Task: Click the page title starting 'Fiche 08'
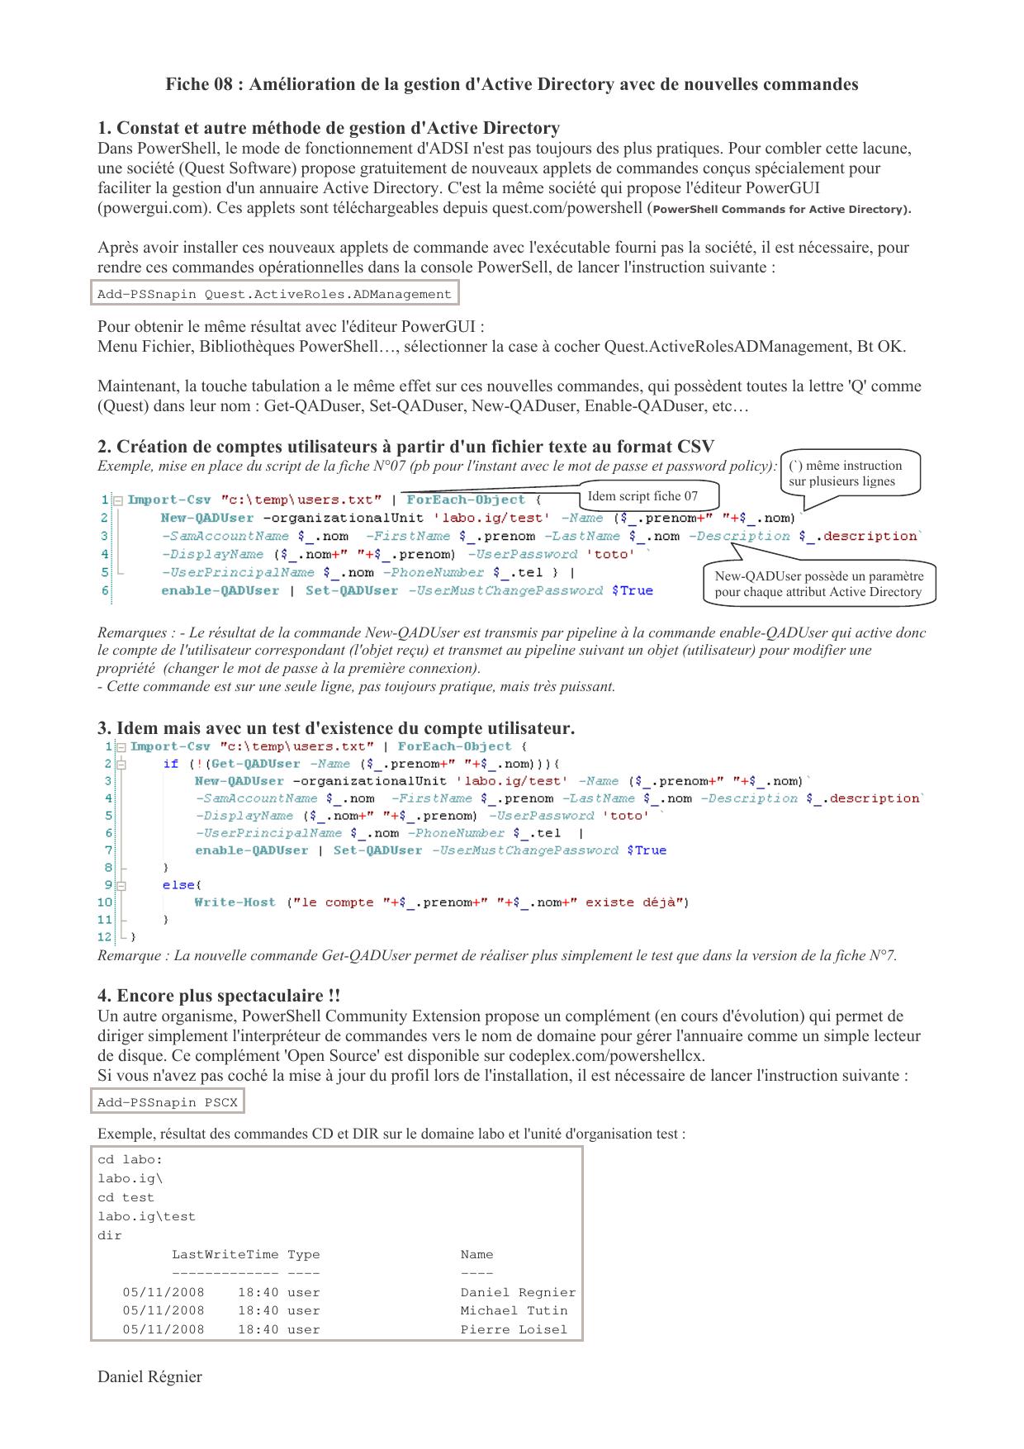511,84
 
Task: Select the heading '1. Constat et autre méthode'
329,128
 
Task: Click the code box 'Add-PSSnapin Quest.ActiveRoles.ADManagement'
274,294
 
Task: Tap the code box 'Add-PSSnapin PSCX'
168,1102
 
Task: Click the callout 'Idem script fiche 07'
642,496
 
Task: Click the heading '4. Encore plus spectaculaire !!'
219,996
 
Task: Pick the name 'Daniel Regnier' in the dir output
518,1292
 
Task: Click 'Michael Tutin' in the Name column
514,1310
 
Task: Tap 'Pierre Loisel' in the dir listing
514,1329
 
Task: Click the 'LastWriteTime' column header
225,1254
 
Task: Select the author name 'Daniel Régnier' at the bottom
149,1376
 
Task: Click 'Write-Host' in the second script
235,902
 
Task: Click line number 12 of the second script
104,937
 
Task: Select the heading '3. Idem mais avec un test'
336,728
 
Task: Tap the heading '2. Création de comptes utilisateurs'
405,447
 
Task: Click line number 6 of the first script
105,590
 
